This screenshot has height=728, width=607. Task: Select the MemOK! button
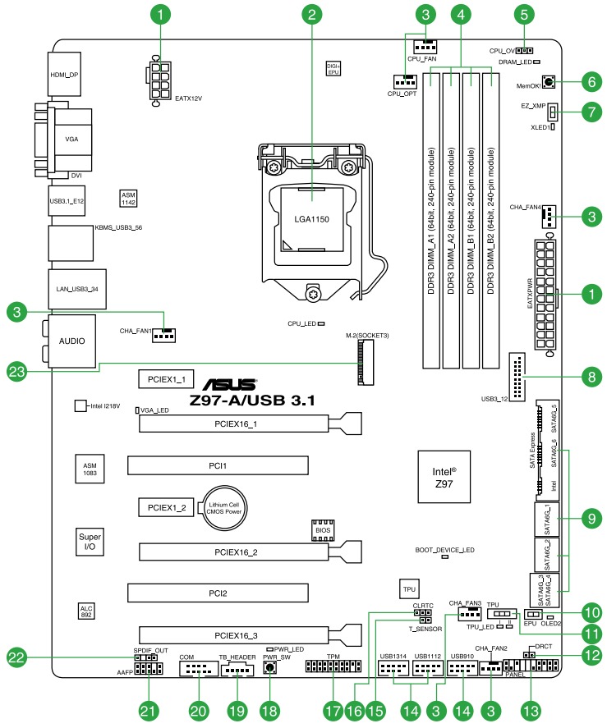(x=548, y=82)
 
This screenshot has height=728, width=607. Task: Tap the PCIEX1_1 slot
(x=166, y=379)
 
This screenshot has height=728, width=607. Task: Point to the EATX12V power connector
(x=161, y=80)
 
